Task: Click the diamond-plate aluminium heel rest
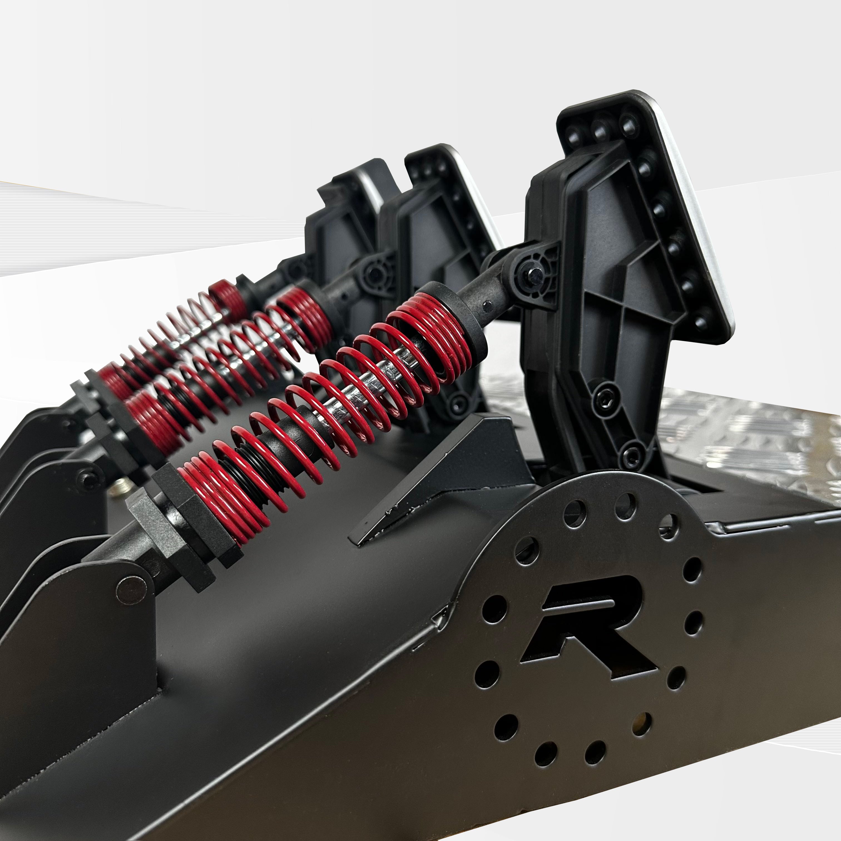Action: [740, 440]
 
